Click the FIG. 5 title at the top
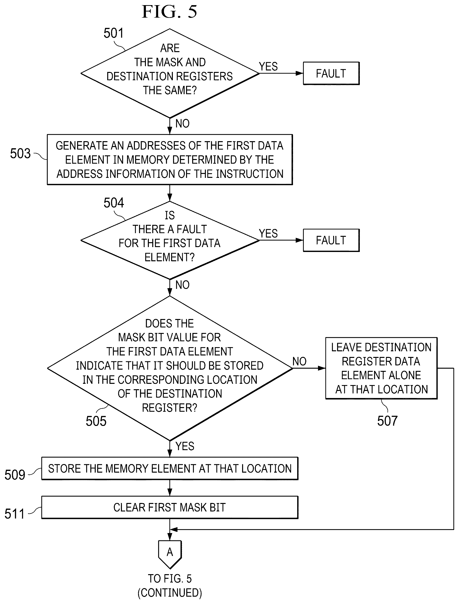click(169, 11)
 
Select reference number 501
click(114, 33)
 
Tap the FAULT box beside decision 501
click(331, 73)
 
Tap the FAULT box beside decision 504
click(331, 240)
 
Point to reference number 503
click(20, 153)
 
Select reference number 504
click(114, 203)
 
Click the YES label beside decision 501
click(268, 66)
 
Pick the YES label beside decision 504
click(268, 233)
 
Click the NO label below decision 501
click(182, 124)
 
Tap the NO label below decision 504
click(182, 285)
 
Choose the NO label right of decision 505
click(299, 362)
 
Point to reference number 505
click(96, 421)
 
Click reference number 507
click(388, 421)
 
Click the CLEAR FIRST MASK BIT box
click(170, 507)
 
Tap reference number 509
click(15, 475)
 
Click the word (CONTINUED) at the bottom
click(170, 593)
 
